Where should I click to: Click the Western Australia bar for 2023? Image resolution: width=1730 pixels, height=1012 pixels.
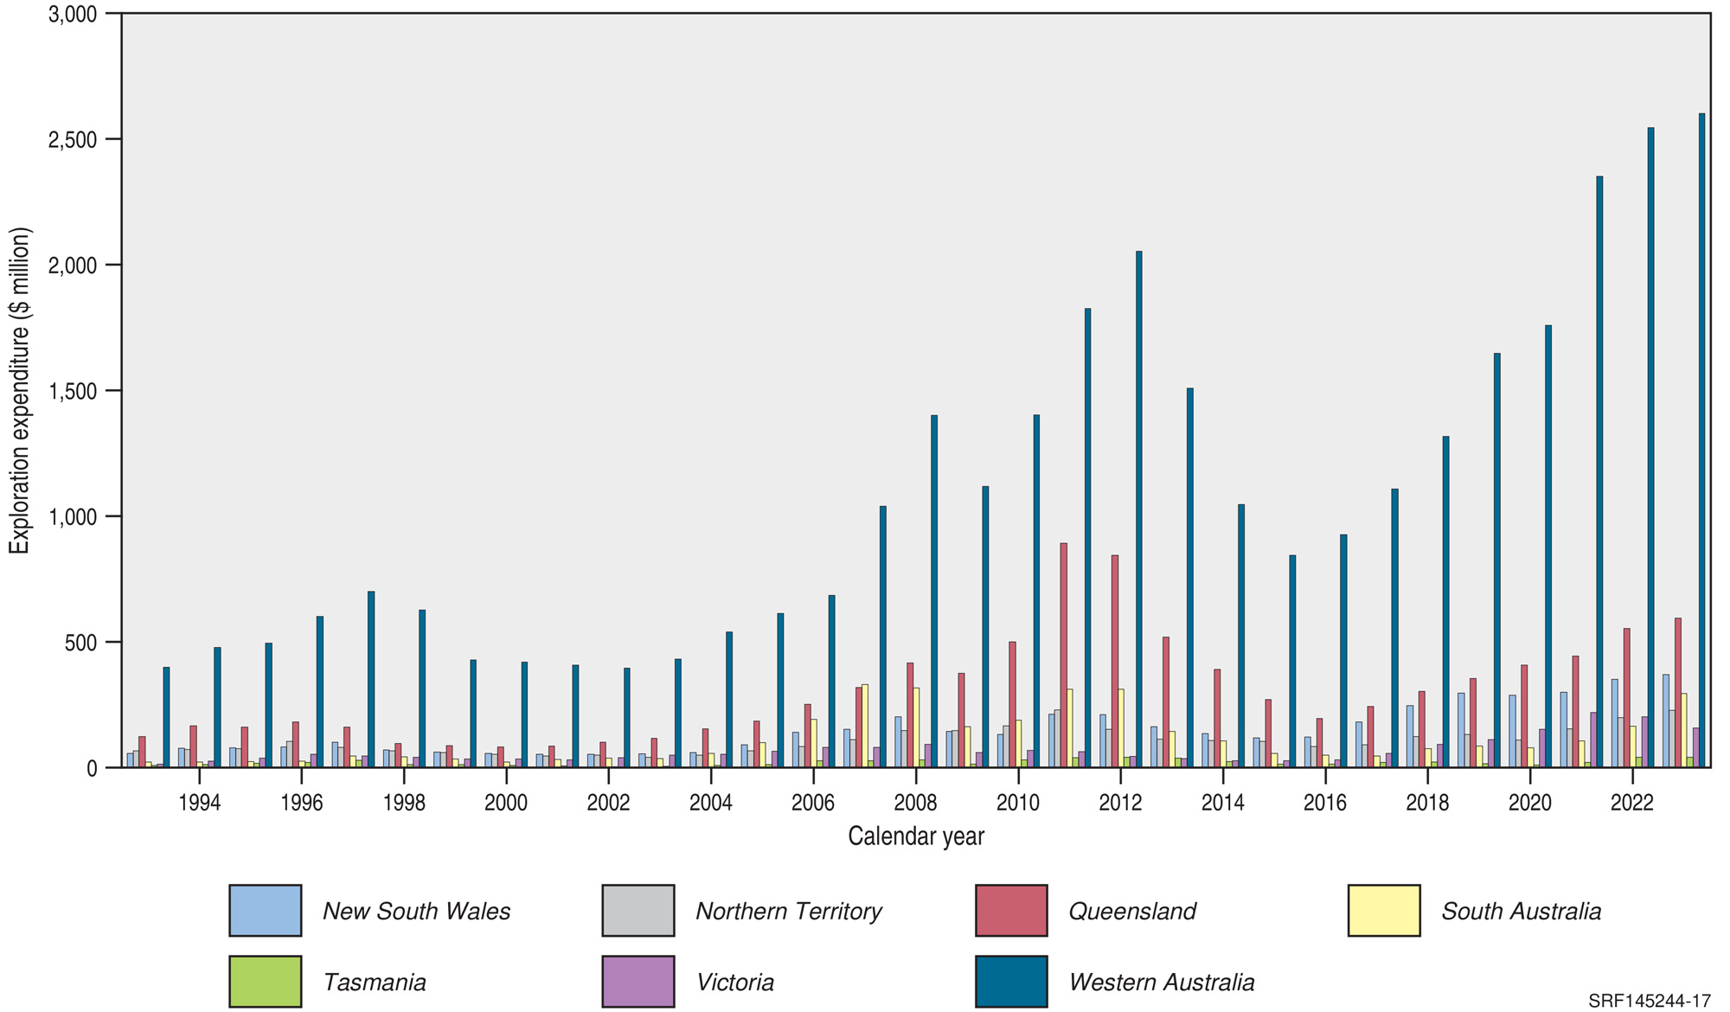tap(1701, 441)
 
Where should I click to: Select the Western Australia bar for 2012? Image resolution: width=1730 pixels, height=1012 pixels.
tap(1138, 510)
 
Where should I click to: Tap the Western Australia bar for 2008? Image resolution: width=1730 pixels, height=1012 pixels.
tap(934, 592)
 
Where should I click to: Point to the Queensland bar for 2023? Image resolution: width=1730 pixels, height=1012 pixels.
tap(1678, 693)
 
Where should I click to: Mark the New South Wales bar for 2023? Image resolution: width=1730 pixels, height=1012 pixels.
tap(1666, 721)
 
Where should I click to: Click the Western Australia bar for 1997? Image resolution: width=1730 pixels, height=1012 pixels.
tap(371, 680)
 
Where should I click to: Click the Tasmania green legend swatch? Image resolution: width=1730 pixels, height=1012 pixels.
tap(265, 981)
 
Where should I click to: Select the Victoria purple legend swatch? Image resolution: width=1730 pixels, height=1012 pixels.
tap(638, 981)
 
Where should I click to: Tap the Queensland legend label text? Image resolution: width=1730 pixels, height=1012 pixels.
tap(1131, 911)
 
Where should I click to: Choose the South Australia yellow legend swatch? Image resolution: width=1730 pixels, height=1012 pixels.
tap(1383, 910)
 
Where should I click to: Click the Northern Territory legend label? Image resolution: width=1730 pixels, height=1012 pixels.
tap(788, 911)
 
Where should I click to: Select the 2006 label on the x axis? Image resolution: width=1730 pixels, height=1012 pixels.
tap(812, 803)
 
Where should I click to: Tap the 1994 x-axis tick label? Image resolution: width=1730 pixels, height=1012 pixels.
tap(199, 803)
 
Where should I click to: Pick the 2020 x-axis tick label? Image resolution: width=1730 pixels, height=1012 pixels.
tap(1529, 803)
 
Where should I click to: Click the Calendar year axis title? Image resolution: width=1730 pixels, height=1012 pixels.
tap(915, 836)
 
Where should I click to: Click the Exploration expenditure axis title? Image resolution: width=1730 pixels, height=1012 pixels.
tap(19, 390)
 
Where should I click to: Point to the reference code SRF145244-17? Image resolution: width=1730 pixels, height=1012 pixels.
tap(1649, 1001)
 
